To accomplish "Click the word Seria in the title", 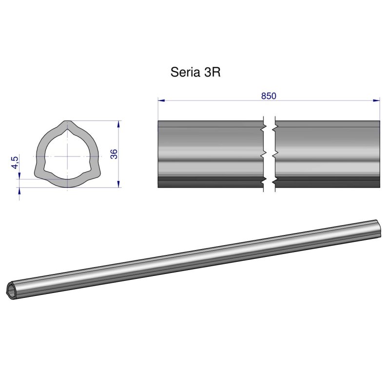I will [x=183, y=73].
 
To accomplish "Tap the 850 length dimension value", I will [x=269, y=96].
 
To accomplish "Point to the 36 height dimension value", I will [x=114, y=154].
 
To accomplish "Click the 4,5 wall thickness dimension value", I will [x=15, y=162].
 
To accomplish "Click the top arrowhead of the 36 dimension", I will [x=118, y=124].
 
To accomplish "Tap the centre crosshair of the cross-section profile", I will [x=65, y=156].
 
